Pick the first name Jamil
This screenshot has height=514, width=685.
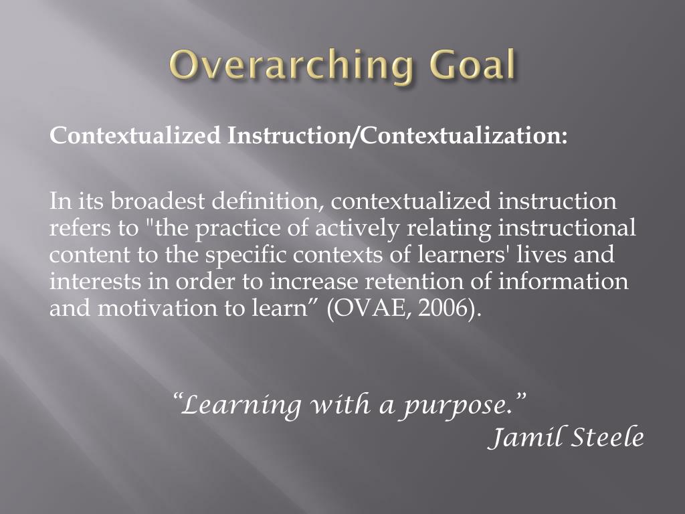522,438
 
